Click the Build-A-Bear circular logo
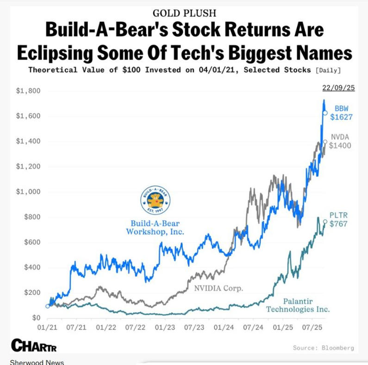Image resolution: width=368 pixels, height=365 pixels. [156, 201]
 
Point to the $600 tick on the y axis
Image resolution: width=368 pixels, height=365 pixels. [31, 242]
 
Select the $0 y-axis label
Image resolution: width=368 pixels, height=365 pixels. [35, 318]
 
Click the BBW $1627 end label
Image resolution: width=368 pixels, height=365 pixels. [341, 113]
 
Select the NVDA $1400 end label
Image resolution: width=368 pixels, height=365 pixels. [340, 141]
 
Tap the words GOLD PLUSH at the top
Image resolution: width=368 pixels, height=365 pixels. [184, 13]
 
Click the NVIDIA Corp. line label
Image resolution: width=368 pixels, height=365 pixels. [218, 288]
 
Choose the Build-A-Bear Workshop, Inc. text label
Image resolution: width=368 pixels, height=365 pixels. [155, 227]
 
